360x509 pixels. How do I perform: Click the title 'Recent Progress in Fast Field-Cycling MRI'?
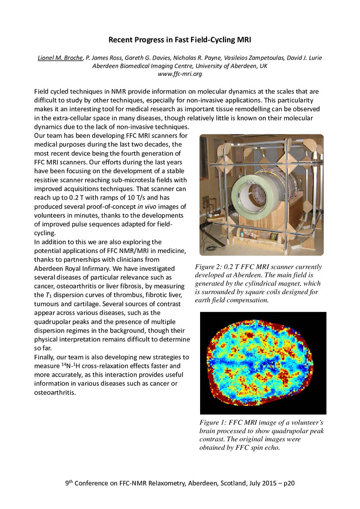click(x=180, y=39)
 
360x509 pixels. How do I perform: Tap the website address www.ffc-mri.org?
click(x=180, y=74)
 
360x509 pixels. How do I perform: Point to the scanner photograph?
click(x=261, y=194)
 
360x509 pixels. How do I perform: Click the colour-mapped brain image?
click(x=263, y=362)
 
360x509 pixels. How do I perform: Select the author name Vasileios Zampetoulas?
click(x=239, y=58)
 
